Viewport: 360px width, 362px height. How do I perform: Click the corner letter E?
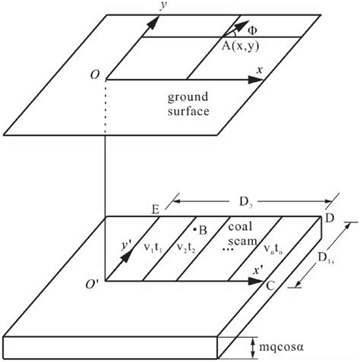pyautogui.click(x=155, y=208)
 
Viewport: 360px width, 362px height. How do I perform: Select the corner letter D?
pyautogui.click(x=329, y=219)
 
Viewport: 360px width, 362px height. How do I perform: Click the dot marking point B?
pyautogui.click(x=195, y=228)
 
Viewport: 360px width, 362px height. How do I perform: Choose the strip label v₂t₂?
pyautogui.click(x=188, y=247)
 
